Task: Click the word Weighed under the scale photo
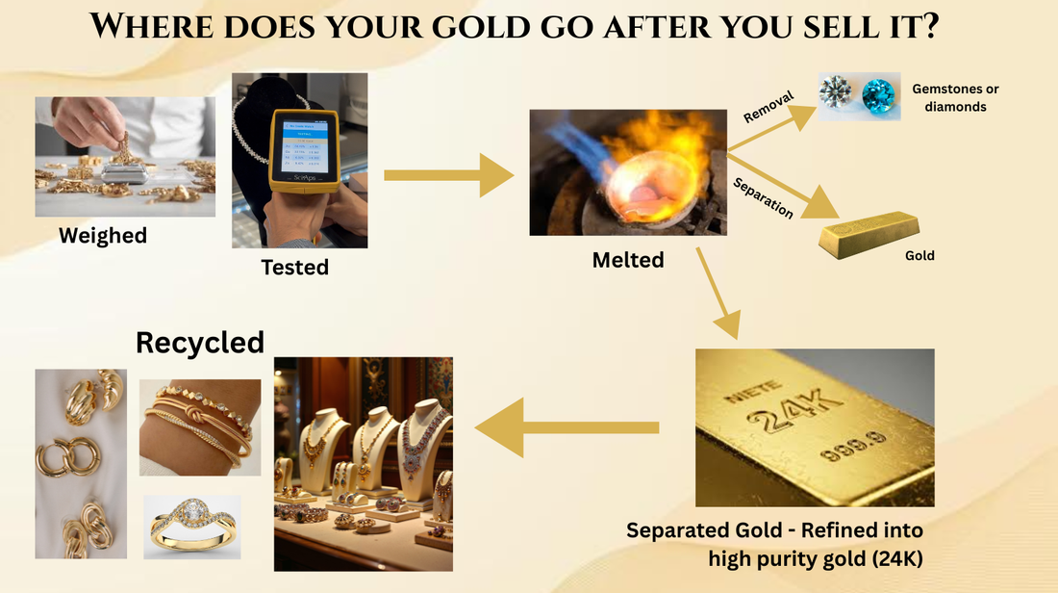103,235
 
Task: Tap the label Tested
295,267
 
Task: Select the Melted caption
627,259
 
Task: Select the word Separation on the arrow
763,197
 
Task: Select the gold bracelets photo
200,426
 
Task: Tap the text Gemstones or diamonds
955,98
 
